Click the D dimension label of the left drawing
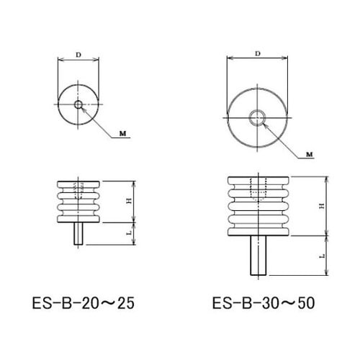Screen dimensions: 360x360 point(78,55)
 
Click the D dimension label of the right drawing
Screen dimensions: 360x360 point(258,54)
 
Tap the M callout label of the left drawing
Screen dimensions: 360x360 point(123,134)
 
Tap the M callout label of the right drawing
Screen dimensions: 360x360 point(310,154)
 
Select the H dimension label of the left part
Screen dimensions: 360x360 point(130,201)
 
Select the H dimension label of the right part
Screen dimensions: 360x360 point(322,206)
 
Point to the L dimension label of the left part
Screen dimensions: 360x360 point(130,233)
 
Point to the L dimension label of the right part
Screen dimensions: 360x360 point(323,256)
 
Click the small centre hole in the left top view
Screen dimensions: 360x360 point(78,104)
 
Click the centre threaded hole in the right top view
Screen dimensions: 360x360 point(258,117)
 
